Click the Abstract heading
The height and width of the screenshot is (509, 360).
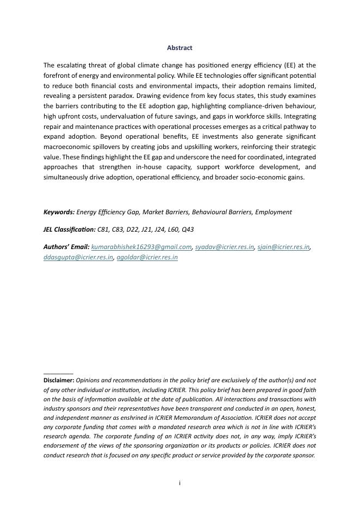[179, 48]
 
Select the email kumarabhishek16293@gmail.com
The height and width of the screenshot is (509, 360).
[141, 247]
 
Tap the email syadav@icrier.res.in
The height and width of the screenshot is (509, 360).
[225, 247]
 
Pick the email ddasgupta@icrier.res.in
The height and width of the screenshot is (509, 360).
[78, 257]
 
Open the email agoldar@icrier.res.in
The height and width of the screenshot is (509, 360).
[147, 257]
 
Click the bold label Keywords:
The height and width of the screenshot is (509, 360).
[59, 212]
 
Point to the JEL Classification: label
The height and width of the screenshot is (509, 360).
[69, 229]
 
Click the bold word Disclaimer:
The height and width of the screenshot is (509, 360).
[59, 381]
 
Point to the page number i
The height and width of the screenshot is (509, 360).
[179, 483]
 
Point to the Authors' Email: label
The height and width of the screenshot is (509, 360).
[66, 247]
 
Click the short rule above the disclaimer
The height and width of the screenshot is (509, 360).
[58, 374]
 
